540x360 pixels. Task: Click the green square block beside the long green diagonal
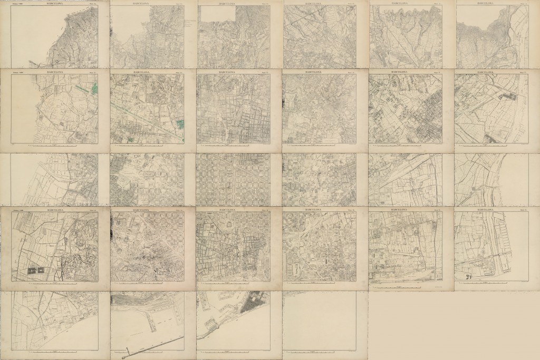click(180, 124)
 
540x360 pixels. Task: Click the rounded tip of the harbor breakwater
click(123, 357)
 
